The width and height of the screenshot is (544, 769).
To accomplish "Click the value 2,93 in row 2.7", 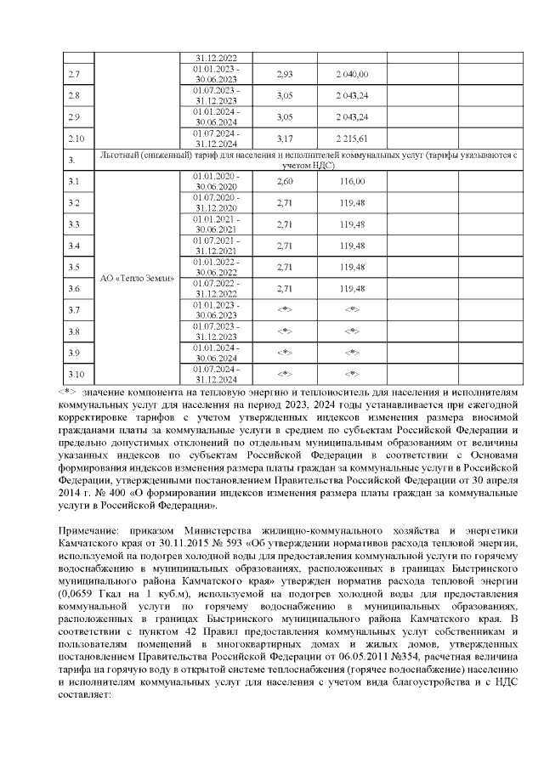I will [x=285, y=75].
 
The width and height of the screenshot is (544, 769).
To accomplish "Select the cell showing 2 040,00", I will [x=351, y=75].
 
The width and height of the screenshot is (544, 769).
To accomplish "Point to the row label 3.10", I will [x=75, y=374].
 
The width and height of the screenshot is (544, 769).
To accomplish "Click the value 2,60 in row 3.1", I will [x=285, y=181].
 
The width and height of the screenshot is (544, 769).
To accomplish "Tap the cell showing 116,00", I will [x=351, y=181].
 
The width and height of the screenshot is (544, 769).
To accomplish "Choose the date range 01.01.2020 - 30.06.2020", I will [x=216, y=181].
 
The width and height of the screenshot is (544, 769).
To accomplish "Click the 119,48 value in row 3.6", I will [x=351, y=288].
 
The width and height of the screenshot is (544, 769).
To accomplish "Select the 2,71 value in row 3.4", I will [x=285, y=246].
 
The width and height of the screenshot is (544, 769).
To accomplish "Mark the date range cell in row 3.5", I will [x=216, y=267].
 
